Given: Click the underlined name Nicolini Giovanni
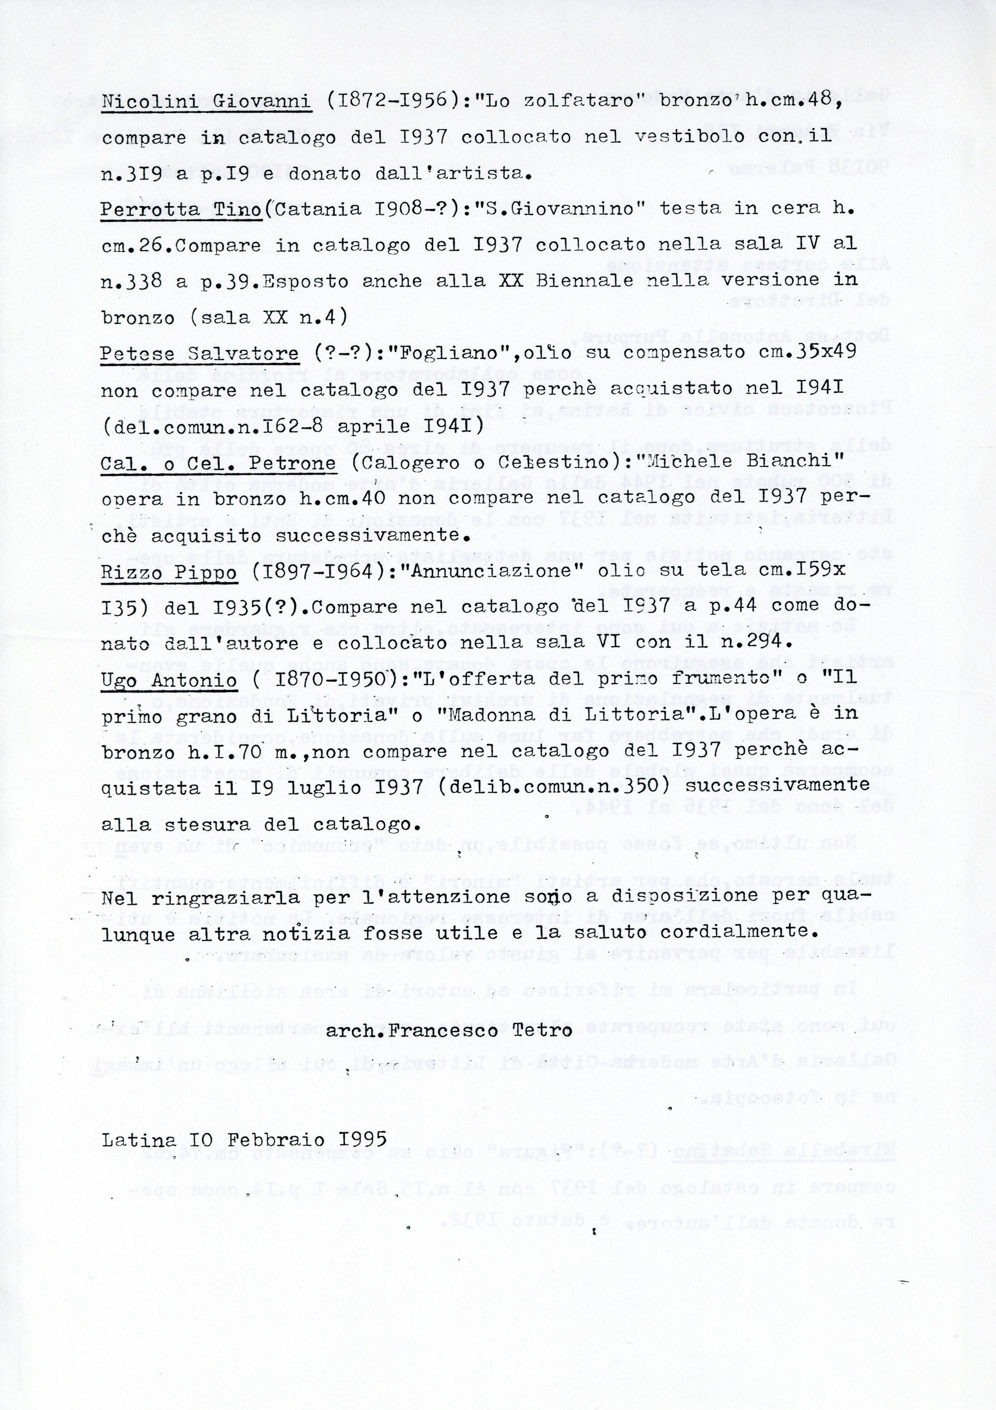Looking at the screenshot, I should [x=206, y=101].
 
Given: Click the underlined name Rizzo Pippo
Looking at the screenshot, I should [x=169, y=572].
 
